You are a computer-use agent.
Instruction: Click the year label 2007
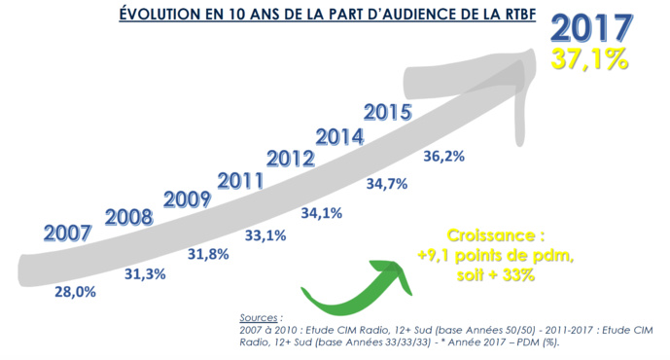68,234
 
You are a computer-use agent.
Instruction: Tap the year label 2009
189,199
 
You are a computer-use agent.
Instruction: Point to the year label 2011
242,180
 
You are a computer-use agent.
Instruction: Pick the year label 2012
290,159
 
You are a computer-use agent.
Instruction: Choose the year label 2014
340,135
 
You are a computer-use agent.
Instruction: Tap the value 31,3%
150,274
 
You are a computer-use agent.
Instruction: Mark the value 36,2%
443,156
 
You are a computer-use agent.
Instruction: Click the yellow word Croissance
494,236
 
